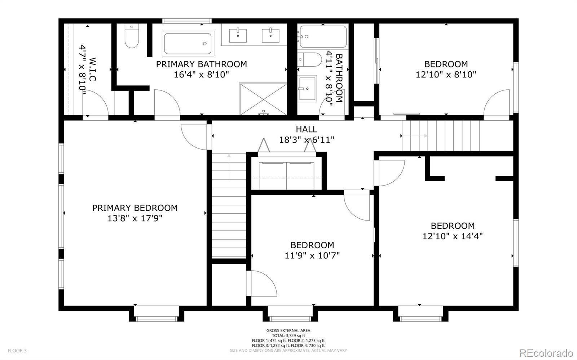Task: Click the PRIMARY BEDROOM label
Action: pyautogui.click(x=135, y=208)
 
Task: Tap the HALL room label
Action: pyautogui.click(x=307, y=129)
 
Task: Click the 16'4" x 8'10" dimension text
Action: pyautogui.click(x=202, y=75)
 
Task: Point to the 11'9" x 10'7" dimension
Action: pyautogui.click(x=312, y=255)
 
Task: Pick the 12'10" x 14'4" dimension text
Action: pyautogui.click(x=453, y=236)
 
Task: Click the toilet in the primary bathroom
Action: pyautogui.click(x=132, y=36)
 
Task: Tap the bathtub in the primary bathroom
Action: pyautogui.click(x=188, y=44)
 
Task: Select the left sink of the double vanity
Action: pyautogui.click(x=238, y=35)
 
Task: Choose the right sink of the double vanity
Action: pyautogui.click(x=270, y=35)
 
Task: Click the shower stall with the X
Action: pyautogui.click(x=263, y=99)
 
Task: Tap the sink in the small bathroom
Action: pyautogui.click(x=307, y=89)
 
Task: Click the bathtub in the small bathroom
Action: pyautogui.click(x=323, y=36)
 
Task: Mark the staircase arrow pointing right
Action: pyautogui.click(x=415, y=136)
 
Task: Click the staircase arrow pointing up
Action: pyautogui.click(x=229, y=166)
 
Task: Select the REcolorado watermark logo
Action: pyautogui.click(x=546, y=352)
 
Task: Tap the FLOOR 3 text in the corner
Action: pyautogui.click(x=17, y=351)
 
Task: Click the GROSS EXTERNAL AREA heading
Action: pyautogui.click(x=288, y=330)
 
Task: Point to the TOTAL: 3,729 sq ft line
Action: pyautogui.click(x=288, y=335)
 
